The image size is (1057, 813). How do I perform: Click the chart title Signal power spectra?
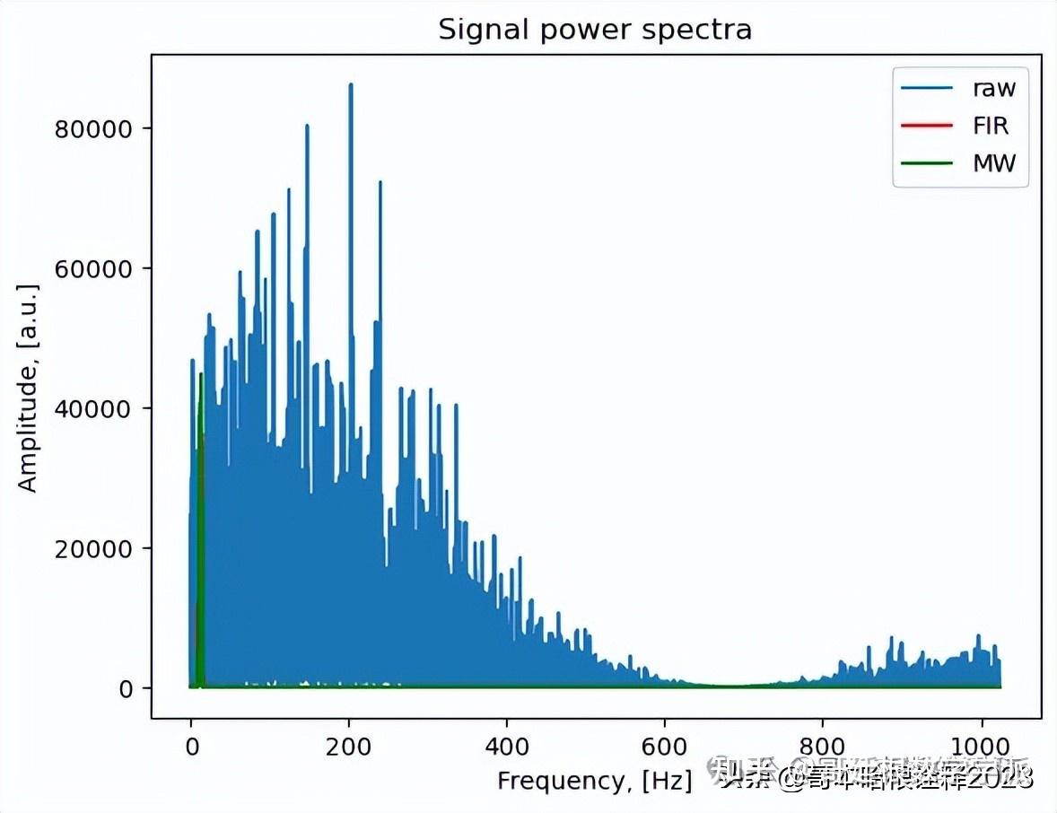pyautogui.click(x=594, y=30)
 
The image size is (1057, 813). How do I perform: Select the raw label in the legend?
pyautogui.click(x=994, y=88)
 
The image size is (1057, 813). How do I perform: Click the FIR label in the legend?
pyautogui.click(x=991, y=126)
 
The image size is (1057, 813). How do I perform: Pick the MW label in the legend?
pyautogui.click(x=994, y=163)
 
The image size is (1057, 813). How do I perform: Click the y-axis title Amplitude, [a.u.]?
pyautogui.click(x=29, y=388)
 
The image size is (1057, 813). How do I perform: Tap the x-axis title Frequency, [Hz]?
pyautogui.click(x=594, y=781)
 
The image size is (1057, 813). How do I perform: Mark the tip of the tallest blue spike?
pyautogui.click(x=351, y=84)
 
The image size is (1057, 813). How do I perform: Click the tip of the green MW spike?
pyautogui.click(x=201, y=374)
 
